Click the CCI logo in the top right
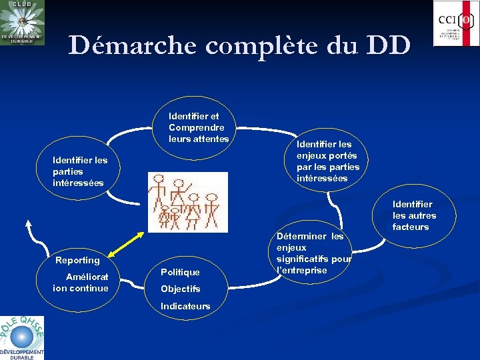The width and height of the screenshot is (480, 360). [x=456, y=23]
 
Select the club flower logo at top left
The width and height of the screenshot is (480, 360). [x=22, y=23]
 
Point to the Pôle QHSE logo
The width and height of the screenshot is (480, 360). [x=21, y=337]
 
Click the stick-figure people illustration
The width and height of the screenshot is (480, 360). [x=187, y=201]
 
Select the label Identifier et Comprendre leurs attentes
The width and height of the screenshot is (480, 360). [x=199, y=127]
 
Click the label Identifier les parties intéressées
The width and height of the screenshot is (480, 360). [x=80, y=171]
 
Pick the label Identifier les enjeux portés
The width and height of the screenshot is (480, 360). [x=328, y=161]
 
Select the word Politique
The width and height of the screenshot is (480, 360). [x=180, y=272]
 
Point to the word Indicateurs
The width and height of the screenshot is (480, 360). [x=185, y=306]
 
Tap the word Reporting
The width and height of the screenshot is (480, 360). [x=77, y=260]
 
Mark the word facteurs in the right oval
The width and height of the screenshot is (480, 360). [x=411, y=227]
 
